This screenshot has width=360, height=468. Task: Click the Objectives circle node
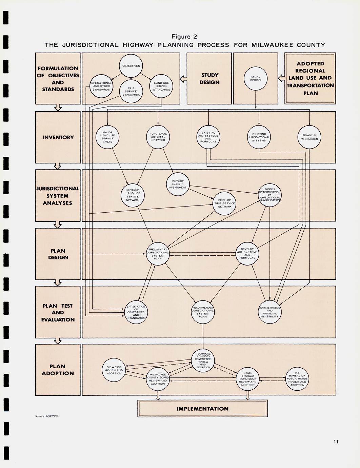131,66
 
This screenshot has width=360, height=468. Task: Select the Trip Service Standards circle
131,91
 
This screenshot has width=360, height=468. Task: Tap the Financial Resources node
309,137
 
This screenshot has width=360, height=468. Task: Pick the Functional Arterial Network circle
158,137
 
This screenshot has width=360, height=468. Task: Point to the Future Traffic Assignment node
178,184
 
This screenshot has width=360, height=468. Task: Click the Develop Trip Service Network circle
224,203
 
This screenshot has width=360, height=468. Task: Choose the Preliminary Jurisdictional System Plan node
158,254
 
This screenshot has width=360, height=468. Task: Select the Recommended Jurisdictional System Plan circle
203,312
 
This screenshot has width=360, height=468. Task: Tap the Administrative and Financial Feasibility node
269,312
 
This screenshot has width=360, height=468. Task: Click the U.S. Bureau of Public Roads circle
297,379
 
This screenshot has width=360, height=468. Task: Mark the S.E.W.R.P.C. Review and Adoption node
114,370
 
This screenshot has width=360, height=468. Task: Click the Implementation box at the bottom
202,409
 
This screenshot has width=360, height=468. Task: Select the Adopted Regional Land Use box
310,78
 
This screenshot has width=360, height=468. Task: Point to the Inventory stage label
58,137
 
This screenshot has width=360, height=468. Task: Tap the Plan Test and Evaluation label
58,312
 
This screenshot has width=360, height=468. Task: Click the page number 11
336,441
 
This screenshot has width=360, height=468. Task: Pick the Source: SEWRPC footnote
46,416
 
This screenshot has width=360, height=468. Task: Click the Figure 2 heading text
184,37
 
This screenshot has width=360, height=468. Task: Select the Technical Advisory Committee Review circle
203,360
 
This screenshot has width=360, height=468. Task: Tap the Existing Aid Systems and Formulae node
208,137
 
